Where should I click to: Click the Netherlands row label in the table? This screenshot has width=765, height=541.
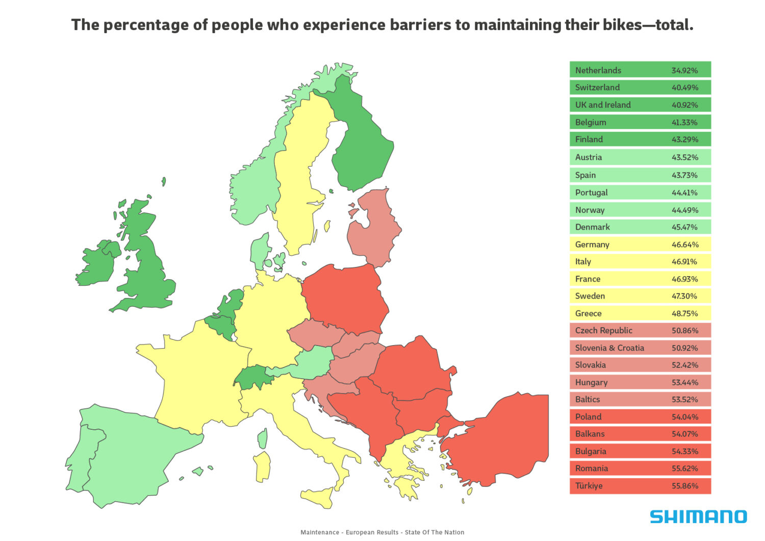(x=598, y=70)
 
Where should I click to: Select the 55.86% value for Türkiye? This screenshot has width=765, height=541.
(x=684, y=486)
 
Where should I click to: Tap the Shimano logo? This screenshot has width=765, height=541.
(x=698, y=517)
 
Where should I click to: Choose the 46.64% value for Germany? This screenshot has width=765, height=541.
(x=684, y=244)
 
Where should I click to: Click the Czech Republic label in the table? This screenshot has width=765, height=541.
(x=603, y=331)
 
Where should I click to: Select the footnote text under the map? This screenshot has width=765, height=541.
(x=382, y=532)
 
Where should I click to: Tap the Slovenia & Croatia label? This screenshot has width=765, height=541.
(x=609, y=348)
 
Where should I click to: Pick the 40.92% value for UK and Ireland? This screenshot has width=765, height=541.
(x=684, y=105)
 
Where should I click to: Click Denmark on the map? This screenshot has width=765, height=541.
(x=260, y=250)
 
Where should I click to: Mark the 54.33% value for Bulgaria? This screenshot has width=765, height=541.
(x=684, y=451)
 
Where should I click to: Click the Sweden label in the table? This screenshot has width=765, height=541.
(x=590, y=296)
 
